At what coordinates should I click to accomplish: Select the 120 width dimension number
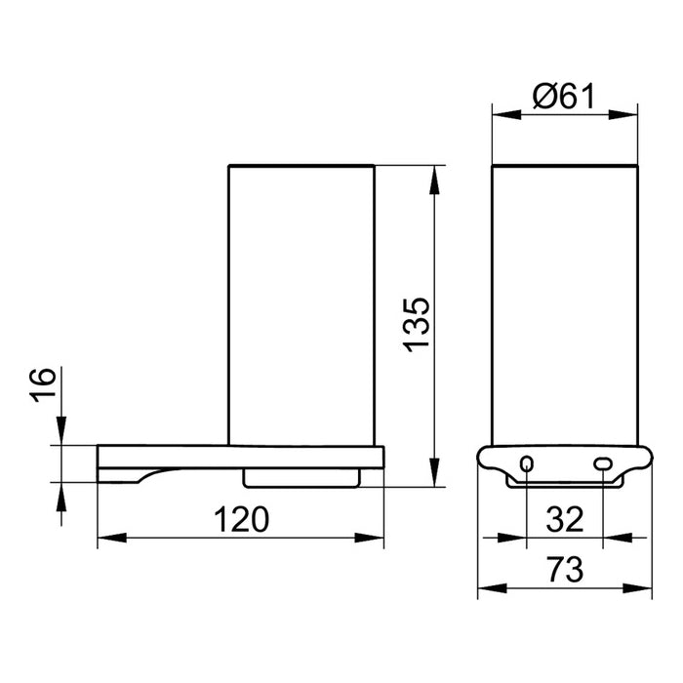click(241, 521)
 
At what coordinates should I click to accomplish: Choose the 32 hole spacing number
click(565, 520)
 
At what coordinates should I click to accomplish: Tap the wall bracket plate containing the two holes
click(565, 462)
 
